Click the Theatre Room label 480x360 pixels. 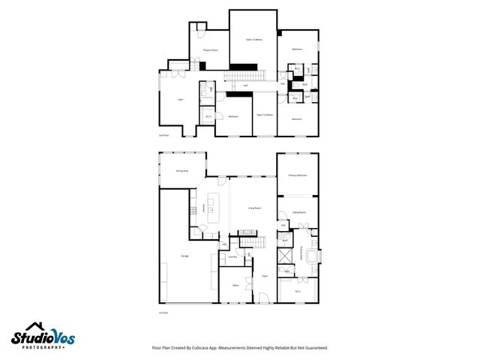pyautogui.click(x=210, y=50)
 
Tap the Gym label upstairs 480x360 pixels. pyautogui.click(x=180, y=99)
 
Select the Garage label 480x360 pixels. pyautogui.click(x=184, y=256)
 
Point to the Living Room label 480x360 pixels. pyautogui.click(x=255, y=208)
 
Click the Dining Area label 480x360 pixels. pyautogui.click(x=181, y=171)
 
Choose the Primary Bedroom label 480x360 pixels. pyautogui.click(x=298, y=175)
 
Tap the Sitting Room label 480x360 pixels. pyautogui.click(x=298, y=213)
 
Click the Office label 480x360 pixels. pyautogui.click(x=235, y=286)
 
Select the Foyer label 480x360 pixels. pyautogui.click(x=264, y=276)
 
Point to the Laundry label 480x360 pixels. pyautogui.click(x=233, y=257)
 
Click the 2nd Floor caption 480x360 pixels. pyautogui.click(x=163, y=136)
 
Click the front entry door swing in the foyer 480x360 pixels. pyautogui.click(x=263, y=298)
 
